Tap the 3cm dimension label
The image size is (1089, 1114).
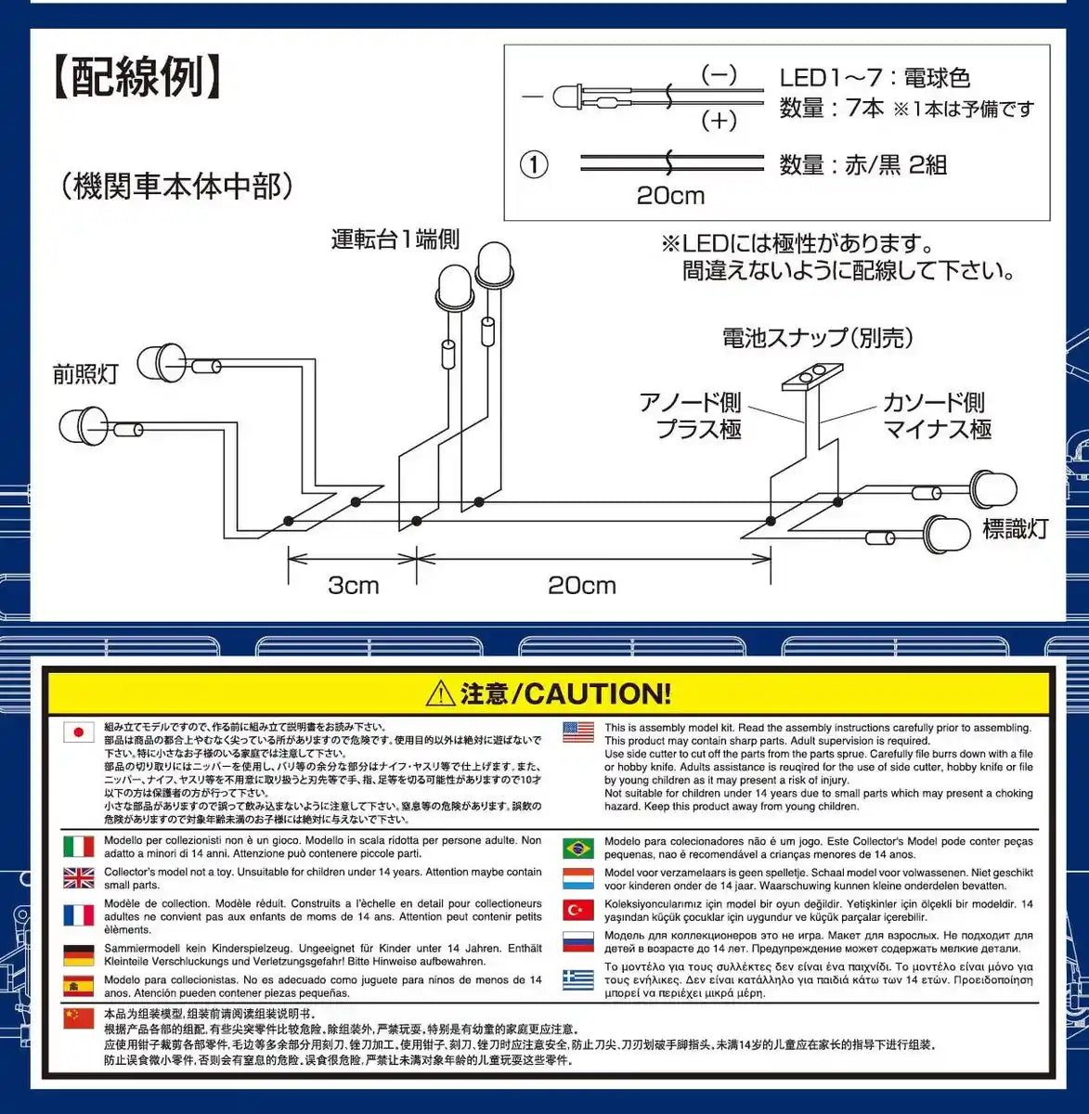(x=354, y=585)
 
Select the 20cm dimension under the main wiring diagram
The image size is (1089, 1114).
(x=581, y=585)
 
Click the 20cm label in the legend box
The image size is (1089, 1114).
(x=669, y=196)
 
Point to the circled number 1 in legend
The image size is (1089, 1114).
(x=533, y=165)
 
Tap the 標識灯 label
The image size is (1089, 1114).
(x=1015, y=529)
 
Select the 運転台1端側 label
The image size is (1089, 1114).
(x=395, y=240)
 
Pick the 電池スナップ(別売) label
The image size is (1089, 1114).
(x=817, y=337)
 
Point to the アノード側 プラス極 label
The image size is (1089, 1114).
(x=691, y=415)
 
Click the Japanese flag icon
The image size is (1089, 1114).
(x=79, y=732)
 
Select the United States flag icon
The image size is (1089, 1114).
(x=578, y=732)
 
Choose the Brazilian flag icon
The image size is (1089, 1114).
(x=578, y=848)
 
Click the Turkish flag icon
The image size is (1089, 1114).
(x=578, y=910)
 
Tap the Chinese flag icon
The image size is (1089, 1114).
(x=79, y=1018)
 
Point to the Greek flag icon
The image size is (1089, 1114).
(x=578, y=978)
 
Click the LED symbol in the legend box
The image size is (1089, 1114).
(x=568, y=97)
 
